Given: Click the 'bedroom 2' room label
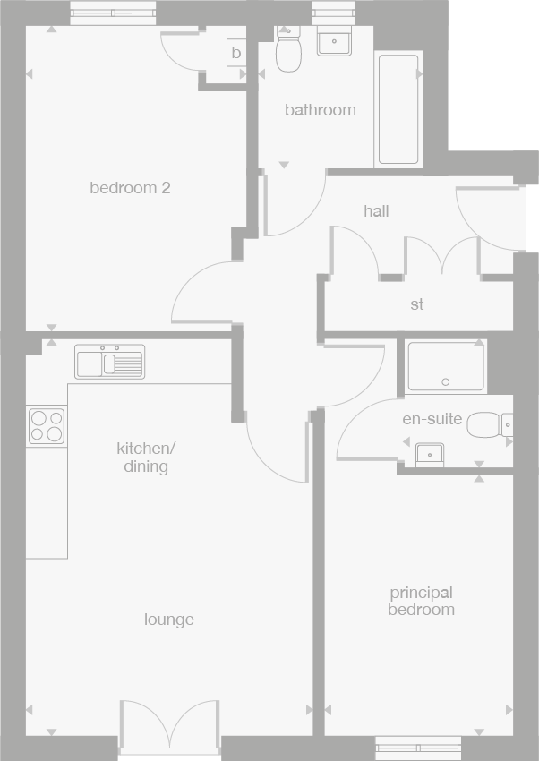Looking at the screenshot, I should point(130,188).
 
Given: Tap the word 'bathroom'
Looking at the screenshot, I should point(320,110).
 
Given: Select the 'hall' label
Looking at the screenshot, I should point(376,211).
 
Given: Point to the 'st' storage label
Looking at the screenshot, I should point(417,304).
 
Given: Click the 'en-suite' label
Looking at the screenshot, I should point(432,418).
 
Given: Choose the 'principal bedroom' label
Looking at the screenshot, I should point(421,601).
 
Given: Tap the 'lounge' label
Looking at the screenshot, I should point(169,620).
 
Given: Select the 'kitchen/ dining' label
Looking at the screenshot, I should point(146,457).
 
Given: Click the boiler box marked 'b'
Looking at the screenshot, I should point(236,53).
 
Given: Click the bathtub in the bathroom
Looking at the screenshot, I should point(398,109).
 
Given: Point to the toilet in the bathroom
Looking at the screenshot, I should point(288,50).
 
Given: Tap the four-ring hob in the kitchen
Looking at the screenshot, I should point(47,425).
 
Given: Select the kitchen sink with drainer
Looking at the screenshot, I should point(109,362).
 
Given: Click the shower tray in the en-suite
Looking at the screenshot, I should point(445,367).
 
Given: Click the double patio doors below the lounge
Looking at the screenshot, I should point(169,727).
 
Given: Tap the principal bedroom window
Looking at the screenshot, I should point(418,748).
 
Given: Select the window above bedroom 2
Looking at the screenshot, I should point(113,13).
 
